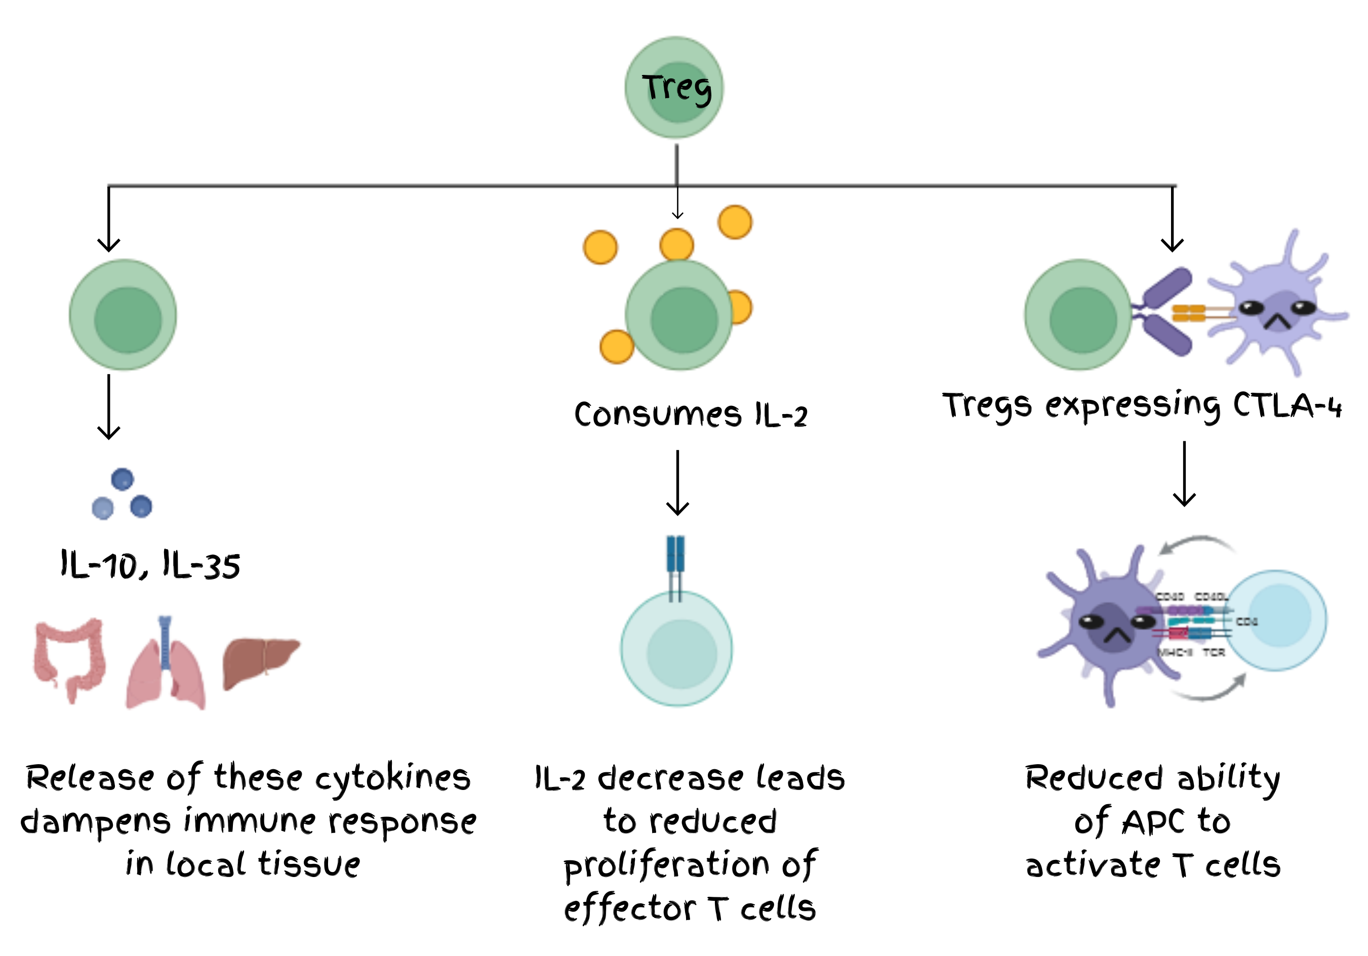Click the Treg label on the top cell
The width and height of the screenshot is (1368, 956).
676,88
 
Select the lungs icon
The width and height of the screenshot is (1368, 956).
166,663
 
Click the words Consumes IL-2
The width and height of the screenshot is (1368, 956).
691,414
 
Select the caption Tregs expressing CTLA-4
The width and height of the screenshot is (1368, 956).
1142,406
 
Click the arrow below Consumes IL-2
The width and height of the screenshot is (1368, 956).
677,482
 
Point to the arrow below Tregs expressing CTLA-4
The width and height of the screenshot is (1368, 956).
1185,474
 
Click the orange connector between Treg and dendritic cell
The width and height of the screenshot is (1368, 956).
1189,313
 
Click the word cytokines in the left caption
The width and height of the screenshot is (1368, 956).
393,778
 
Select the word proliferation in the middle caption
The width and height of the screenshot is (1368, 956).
667,865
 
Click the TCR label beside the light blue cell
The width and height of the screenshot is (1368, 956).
1214,652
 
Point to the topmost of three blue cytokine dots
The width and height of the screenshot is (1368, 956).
122,479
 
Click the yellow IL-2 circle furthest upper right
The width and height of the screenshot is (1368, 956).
735,222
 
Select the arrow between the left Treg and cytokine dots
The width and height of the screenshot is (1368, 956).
108,407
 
